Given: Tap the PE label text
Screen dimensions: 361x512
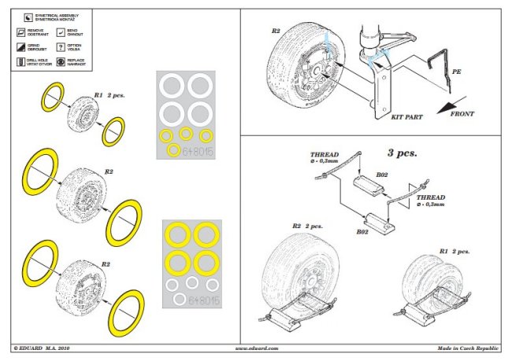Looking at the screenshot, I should (x=455, y=72).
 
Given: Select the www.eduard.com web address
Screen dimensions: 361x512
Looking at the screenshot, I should (x=256, y=347).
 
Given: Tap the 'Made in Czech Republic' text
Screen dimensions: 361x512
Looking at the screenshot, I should (x=469, y=347).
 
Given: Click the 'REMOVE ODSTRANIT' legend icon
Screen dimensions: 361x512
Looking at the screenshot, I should (x=18, y=32).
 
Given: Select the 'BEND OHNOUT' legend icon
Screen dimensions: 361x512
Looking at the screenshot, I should (x=62, y=32).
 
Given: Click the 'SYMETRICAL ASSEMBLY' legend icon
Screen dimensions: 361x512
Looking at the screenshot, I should (x=18, y=17).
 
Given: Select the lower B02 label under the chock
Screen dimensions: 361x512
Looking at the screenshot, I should (x=363, y=233).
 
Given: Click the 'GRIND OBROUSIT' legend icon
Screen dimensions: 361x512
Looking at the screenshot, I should (x=18, y=46).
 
